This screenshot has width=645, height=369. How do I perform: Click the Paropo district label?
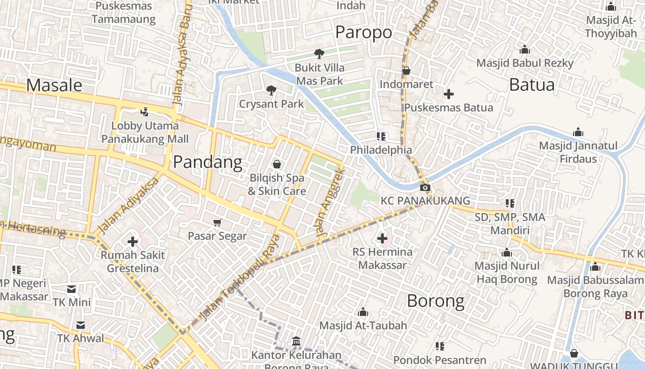point(364,32)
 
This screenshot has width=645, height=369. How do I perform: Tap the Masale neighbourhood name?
point(54,85)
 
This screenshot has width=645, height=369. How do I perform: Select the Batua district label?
point(532,85)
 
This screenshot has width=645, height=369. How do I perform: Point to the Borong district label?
point(435,301)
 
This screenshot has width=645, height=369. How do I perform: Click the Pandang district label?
point(207,162)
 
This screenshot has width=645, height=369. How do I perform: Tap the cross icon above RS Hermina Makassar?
point(382,238)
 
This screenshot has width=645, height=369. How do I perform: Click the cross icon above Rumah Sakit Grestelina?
point(133,241)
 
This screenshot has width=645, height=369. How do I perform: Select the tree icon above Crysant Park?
point(271,90)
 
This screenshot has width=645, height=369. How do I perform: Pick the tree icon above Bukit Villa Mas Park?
point(319,54)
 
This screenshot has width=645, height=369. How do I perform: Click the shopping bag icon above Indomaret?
point(406,71)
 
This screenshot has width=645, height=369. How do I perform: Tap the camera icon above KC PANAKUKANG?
point(425,187)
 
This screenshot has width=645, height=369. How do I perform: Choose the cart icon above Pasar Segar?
point(217,223)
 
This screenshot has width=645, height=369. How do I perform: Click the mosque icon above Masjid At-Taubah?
point(363,312)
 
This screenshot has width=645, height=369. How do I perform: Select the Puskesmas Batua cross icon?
point(448,94)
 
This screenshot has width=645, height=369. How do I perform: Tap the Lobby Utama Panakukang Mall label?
point(145,132)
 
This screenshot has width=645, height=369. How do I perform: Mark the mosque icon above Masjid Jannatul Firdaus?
point(578,133)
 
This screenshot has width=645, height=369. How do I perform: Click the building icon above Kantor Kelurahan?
point(296,342)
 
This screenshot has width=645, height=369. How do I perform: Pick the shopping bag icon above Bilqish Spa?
point(277,164)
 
